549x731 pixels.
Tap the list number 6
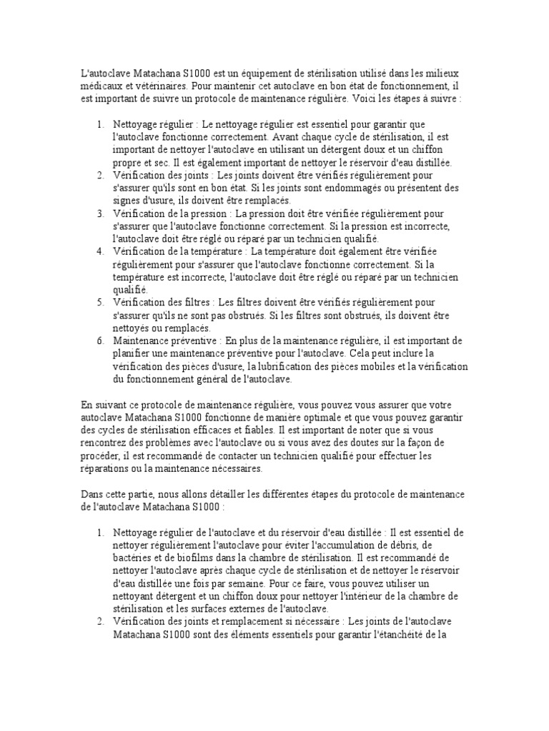pyautogui.click(x=100, y=340)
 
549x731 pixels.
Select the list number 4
pyautogui.click(x=100, y=251)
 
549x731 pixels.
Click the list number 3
pyautogui.click(x=100, y=213)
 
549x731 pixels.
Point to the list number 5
pyautogui.click(x=100, y=302)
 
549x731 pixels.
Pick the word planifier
pyautogui.click(x=134, y=353)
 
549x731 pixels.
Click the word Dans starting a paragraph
pyautogui.click(x=93, y=494)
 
